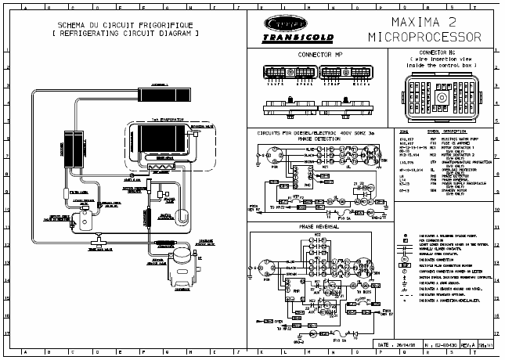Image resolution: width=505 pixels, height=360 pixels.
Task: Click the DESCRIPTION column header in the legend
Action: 456,131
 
